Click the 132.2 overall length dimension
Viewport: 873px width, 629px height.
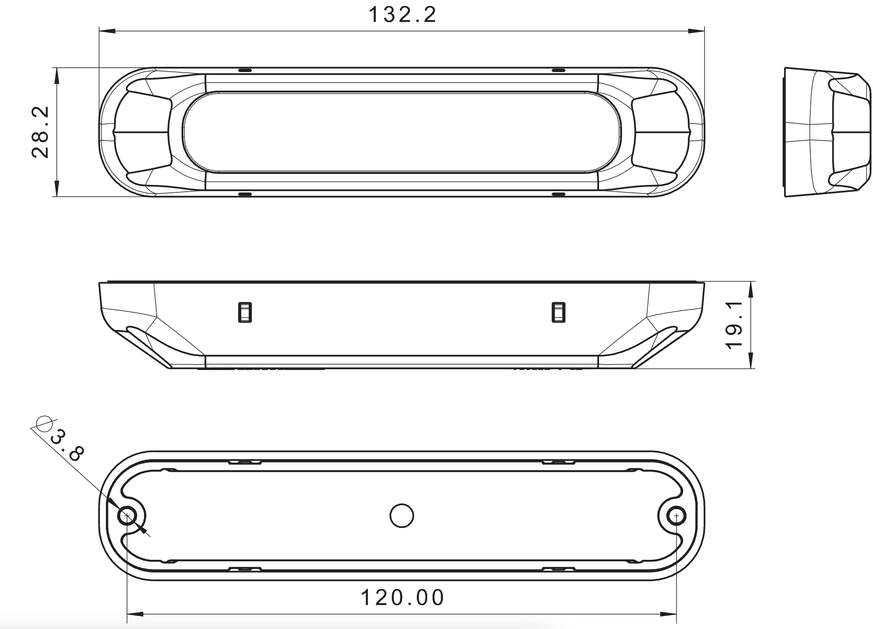click(402, 15)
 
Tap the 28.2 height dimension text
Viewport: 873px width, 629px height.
click(40, 132)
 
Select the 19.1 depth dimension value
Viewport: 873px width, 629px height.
click(734, 325)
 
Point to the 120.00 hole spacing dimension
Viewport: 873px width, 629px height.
click(402, 598)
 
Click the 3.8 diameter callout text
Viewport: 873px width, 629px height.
click(67, 445)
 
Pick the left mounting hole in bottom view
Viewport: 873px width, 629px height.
click(127, 515)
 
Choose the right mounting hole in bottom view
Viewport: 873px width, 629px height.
click(676, 515)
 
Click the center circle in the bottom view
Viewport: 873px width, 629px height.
click(402, 515)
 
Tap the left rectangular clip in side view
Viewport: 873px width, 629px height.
click(245, 312)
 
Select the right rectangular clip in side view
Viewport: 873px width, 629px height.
click(558, 312)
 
